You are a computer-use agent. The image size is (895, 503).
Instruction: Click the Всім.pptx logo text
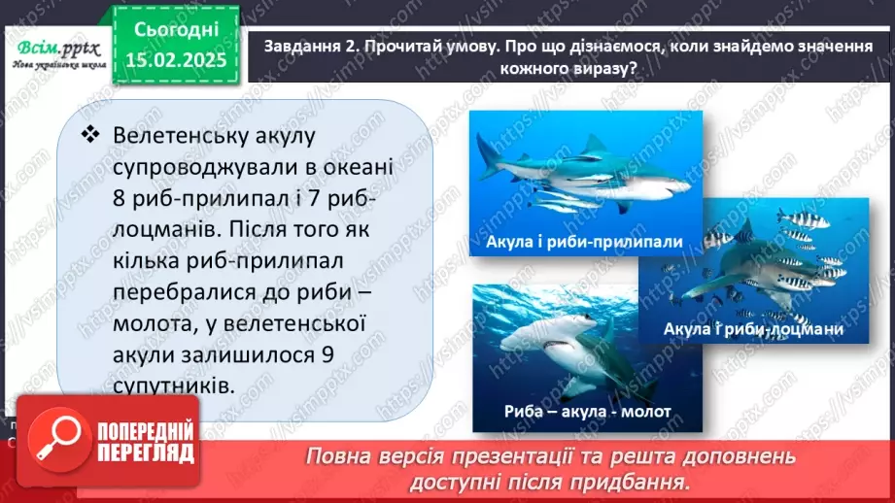pyautogui.click(x=52, y=48)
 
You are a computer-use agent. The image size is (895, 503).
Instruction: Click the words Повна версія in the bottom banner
pyautogui.click(x=361, y=456)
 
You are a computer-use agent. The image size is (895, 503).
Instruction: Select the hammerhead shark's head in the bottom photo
pyautogui.click(x=544, y=338)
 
